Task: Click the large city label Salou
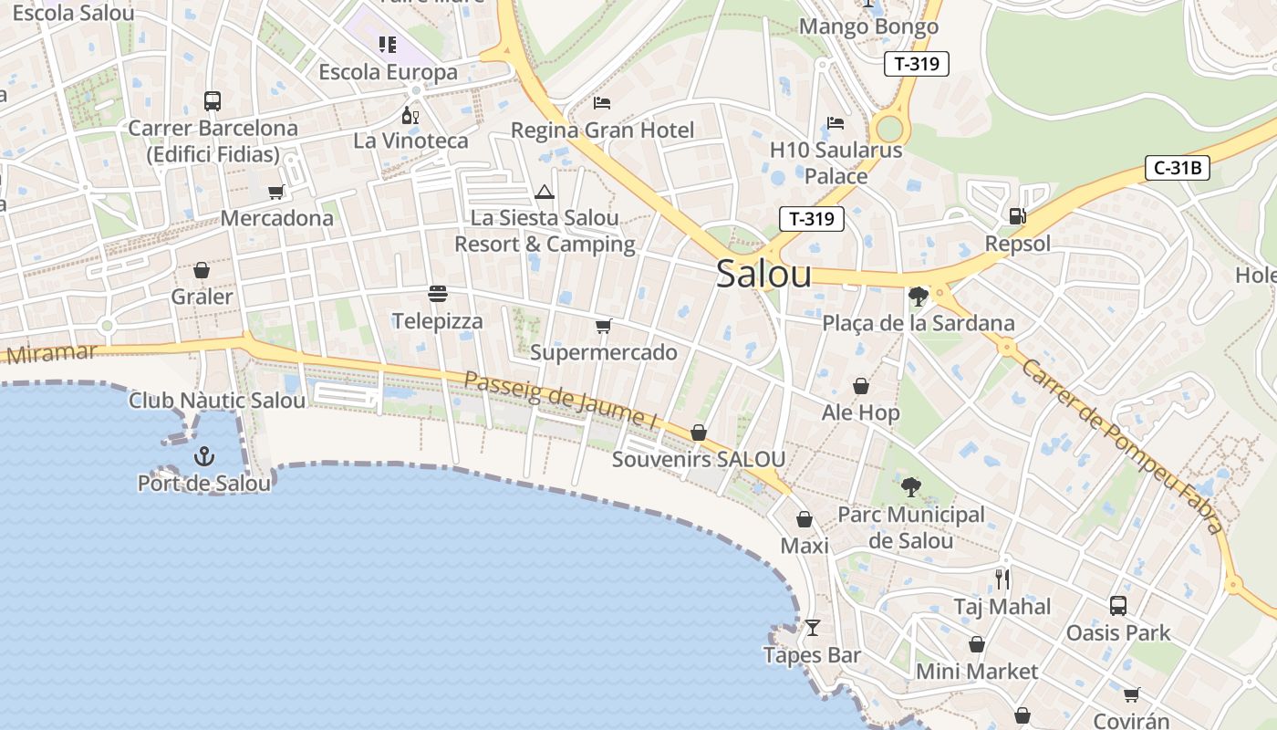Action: click(763, 273)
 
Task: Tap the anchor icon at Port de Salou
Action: click(205, 455)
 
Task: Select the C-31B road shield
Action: click(1178, 168)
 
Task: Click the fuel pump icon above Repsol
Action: click(1017, 216)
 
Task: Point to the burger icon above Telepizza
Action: click(438, 294)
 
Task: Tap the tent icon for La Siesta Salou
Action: click(545, 192)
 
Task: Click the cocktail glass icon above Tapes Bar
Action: click(812, 628)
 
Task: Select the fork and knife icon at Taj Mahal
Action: click(1002, 579)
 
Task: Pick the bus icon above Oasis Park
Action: click(1118, 605)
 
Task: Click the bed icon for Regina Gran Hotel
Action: click(602, 102)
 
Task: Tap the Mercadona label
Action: click(276, 218)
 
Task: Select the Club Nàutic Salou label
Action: click(217, 401)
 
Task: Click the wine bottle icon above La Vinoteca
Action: click(410, 115)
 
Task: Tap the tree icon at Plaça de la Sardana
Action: click(918, 297)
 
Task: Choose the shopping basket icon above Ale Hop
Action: click(860, 387)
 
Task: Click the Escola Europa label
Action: click(388, 71)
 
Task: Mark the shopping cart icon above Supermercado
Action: click(602, 326)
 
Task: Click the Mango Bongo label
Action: click(868, 26)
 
